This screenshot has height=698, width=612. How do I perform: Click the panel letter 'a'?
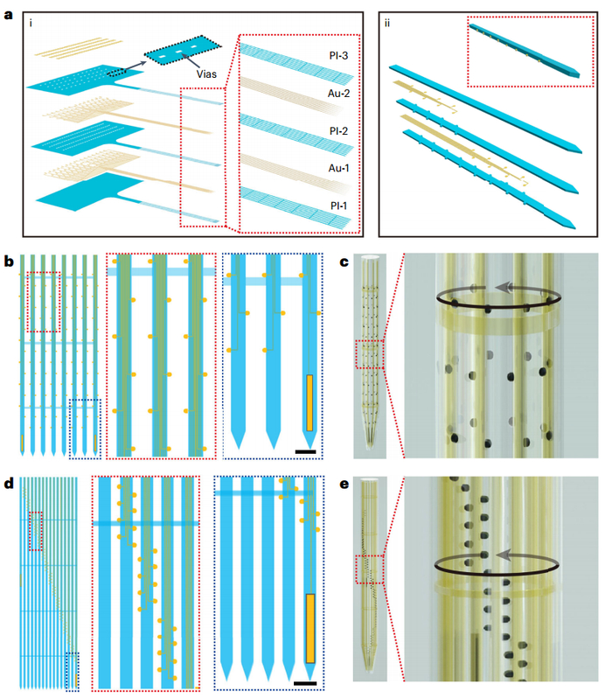point(9,16)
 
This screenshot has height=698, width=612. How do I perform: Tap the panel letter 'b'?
point(9,262)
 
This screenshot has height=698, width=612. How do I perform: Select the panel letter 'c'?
point(344,262)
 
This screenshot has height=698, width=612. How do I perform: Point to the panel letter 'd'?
point(9,484)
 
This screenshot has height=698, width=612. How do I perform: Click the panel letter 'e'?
point(344,485)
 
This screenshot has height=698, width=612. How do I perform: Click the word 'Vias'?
point(206,74)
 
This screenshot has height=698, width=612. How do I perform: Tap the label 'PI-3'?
point(338,56)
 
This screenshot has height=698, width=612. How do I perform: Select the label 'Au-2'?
point(338,94)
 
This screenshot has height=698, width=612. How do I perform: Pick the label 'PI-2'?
point(338,131)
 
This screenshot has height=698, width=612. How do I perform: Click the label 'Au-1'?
point(338,168)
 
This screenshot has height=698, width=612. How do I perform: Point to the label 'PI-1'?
point(338,206)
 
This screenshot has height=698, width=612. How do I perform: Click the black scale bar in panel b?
point(306,452)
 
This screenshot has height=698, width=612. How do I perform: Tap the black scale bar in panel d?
point(305,683)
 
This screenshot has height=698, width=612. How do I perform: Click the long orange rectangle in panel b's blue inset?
point(309,403)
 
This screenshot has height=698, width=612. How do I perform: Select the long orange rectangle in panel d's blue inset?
point(310,628)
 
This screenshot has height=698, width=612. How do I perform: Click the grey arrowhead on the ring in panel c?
point(503,287)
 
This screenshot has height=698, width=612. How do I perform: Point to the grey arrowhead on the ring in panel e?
point(503,555)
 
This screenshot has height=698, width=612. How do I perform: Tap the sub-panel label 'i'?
point(31,23)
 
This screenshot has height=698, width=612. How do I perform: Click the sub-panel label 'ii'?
point(387,23)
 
